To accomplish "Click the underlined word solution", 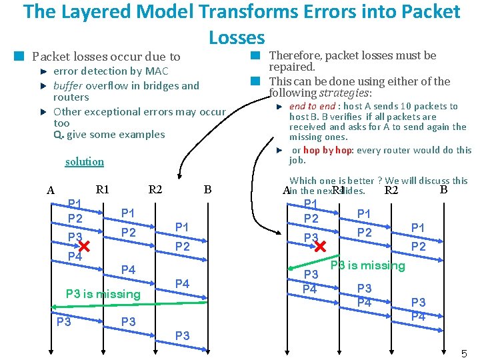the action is click(x=85, y=162).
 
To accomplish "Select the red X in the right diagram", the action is click(x=321, y=246).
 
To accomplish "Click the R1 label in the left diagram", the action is click(x=103, y=189).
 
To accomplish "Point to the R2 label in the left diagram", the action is click(x=155, y=189).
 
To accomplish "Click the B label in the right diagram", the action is click(x=443, y=189).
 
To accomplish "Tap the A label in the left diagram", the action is click(x=51, y=191).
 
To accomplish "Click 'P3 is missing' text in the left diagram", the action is click(x=103, y=294).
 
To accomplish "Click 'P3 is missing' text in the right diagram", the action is click(x=367, y=265).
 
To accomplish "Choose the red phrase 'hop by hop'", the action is click(x=325, y=150).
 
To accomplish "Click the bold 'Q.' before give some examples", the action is click(x=59, y=135).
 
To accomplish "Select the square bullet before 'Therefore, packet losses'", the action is click(x=254, y=56).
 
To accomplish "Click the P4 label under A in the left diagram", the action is click(x=75, y=257).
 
